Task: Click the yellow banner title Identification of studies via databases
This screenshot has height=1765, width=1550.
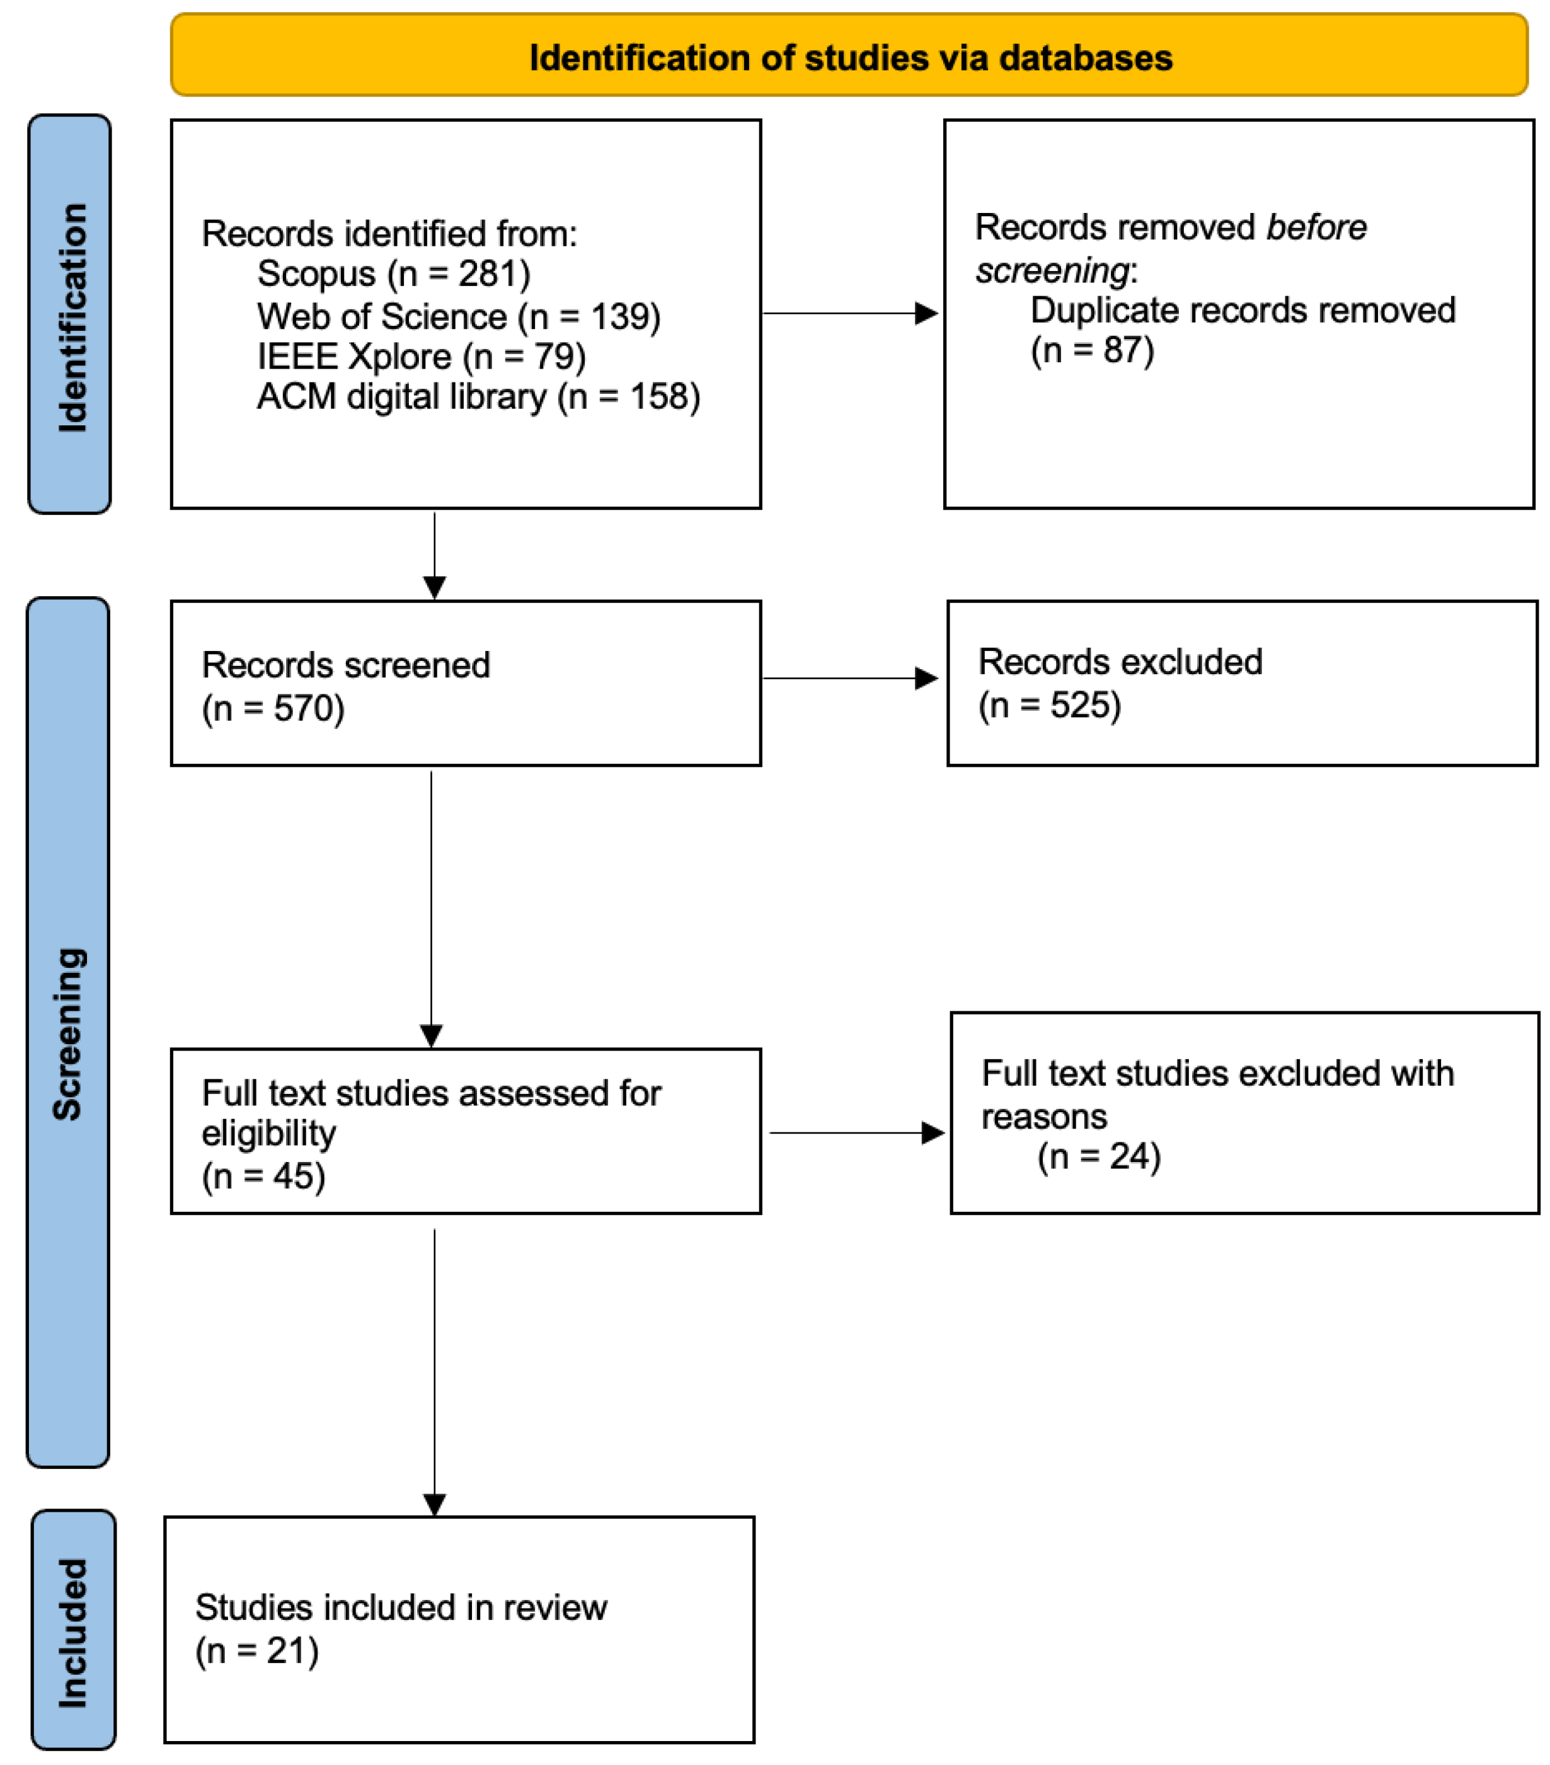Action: coord(850,58)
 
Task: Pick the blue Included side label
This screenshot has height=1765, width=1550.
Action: coord(72,1632)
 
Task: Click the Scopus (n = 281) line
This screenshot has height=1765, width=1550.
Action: coord(393,273)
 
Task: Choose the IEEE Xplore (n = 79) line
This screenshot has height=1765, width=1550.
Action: coord(420,357)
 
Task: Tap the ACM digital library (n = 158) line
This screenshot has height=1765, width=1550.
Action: coord(478,397)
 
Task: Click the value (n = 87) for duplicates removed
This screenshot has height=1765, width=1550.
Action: coord(1091,350)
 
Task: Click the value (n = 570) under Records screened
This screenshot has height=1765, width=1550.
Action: coord(273,708)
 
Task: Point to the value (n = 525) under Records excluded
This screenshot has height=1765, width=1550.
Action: coord(1048,704)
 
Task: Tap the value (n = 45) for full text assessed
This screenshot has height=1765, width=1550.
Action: coord(263,1176)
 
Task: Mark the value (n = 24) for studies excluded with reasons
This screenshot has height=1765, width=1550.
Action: coord(1098,1156)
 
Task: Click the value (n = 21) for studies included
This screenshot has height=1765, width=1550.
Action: coord(256,1650)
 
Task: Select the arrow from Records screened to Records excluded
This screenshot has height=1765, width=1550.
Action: coord(850,678)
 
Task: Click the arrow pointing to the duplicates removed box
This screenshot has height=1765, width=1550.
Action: coord(850,313)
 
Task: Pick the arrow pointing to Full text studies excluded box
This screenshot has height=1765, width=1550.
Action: coord(855,1132)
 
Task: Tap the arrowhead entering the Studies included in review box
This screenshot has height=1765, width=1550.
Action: coord(434,1504)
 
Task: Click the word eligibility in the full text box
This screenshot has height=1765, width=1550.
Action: coord(268,1134)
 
